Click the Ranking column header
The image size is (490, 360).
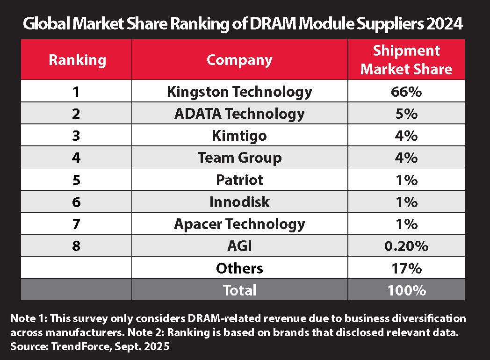point(77,60)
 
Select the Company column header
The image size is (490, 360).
point(239,60)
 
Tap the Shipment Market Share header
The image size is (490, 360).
point(406,60)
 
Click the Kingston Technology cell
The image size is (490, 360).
point(239,91)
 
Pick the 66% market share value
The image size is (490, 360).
point(406,91)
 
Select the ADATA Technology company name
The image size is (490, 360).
point(239,113)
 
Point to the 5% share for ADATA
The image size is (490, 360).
point(406,113)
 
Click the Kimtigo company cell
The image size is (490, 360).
point(239,135)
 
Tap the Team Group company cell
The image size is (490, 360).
point(239,158)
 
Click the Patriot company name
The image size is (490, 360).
point(239,180)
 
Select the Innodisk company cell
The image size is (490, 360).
point(239,202)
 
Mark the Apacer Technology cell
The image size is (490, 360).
point(239,223)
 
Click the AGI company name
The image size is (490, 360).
point(239,245)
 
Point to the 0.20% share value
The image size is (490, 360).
point(406,245)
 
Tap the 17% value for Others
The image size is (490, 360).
point(406,268)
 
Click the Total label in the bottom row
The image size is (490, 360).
point(239,290)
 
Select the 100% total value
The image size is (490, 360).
point(406,290)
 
